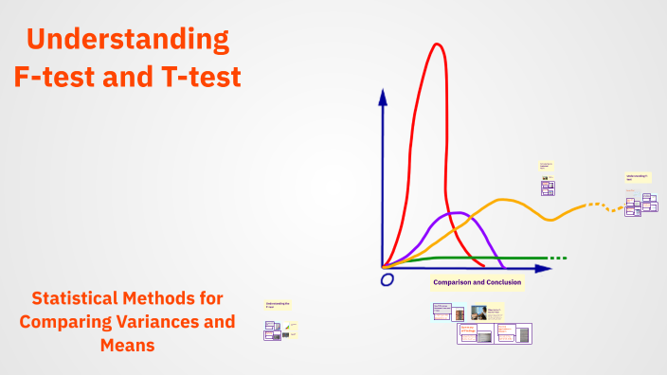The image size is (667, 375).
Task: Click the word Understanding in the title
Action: pos(128,40)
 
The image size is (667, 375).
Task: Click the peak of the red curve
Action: pos(437,45)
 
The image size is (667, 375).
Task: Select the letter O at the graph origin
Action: pos(387,280)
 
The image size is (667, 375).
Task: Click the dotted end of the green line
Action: pos(558,258)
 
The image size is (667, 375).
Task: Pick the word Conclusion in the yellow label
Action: pos(500,282)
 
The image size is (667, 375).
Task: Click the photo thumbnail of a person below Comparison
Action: pos(478,312)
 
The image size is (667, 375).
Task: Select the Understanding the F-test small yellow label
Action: pos(278,305)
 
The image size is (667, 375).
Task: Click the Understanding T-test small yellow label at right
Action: pos(637,177)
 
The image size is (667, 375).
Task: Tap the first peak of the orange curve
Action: pos(505,200)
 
